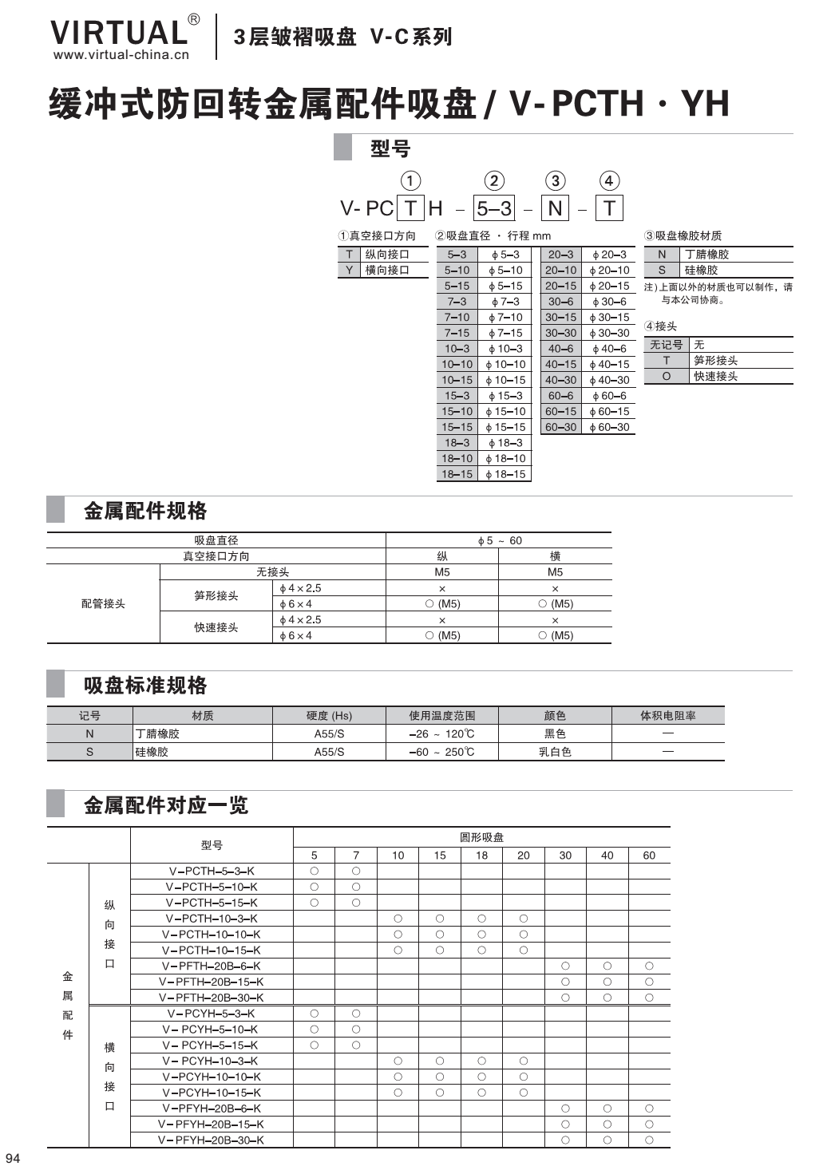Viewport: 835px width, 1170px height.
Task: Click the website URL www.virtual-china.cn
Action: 121,55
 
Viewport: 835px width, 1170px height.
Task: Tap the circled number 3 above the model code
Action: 555,181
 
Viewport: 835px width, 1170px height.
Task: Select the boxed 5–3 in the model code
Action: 494,208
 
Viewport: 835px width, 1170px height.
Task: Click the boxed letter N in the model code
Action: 555,208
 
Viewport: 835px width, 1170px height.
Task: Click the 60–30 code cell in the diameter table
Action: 560,427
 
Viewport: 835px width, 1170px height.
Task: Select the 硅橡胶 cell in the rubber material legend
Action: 701,270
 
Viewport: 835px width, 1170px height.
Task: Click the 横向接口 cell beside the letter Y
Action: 387,270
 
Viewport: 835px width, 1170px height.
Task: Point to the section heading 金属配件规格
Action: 145,511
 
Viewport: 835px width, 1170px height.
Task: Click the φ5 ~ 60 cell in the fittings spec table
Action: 499,540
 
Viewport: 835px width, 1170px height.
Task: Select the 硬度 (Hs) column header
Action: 329,715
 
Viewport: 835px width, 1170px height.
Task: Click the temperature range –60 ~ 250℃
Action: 441,752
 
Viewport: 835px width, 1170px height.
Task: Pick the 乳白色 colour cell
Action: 555,752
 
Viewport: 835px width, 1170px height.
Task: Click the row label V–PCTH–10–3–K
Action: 212,919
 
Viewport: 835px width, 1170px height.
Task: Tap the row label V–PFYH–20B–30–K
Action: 212,1140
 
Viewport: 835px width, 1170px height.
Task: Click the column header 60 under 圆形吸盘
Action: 649,855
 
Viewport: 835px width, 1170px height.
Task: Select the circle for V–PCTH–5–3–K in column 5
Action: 315,871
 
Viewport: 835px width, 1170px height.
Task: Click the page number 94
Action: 12,1158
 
